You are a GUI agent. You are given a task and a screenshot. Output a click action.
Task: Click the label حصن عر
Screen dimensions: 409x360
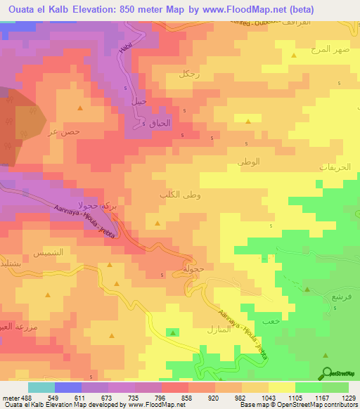pos(67,131)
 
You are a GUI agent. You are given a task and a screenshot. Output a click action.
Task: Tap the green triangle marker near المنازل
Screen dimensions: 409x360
pos(173,332)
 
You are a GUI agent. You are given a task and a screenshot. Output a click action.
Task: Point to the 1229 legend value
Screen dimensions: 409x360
pos(340,397)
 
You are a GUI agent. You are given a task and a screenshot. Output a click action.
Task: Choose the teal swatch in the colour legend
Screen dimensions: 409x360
pos(41,387)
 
